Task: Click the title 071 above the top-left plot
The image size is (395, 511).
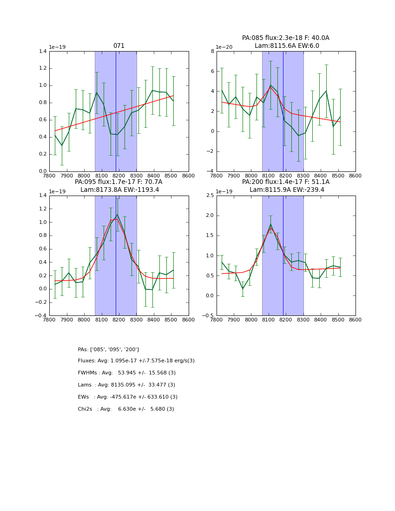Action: pos(119,46)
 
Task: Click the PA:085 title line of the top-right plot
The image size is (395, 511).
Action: pos(285,38)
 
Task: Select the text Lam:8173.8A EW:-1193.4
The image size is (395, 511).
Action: pos(119,190)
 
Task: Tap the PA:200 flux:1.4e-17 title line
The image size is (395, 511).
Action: pos(285,182)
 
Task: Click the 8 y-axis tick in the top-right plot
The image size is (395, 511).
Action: pos(212,51)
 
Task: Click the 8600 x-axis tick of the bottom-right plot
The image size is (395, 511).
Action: pos(355,320)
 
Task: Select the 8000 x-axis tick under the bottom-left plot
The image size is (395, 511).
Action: pos(84,320)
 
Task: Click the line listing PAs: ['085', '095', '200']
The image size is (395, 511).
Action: pos(108,349)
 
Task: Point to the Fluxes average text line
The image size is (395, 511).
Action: pos(136,361)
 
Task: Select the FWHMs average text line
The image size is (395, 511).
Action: pos(127,373)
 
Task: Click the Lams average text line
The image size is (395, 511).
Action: pos(126,385)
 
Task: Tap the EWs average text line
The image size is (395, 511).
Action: pos(128,397)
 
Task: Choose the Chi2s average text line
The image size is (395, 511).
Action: pos(126,409)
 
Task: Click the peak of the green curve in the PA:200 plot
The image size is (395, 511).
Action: pos(270,224)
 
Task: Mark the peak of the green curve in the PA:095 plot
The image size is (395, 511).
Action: pos(118,215)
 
